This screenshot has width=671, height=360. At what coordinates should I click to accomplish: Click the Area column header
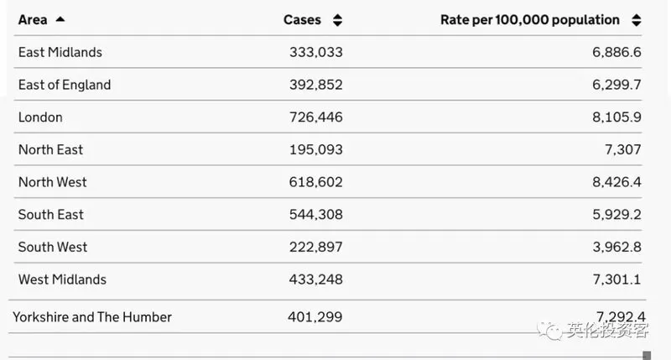(33, 19)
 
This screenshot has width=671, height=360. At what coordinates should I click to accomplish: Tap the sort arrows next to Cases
(338, 20)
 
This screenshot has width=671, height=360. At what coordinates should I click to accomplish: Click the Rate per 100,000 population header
(530, 20)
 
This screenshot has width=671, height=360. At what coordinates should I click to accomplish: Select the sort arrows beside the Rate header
(637, 20)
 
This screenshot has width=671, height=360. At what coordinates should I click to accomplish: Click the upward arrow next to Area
(60, 19)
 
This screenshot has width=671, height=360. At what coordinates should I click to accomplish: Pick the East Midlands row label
(60, 52)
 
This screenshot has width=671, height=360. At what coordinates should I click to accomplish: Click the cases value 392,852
(316, 85)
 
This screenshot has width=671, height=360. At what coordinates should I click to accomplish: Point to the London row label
(40, 117)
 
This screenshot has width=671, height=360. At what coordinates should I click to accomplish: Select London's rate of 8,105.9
(616, 117)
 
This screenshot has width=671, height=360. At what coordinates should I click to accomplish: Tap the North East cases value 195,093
(316, 150)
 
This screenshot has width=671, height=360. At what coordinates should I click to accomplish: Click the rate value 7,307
(622, 150)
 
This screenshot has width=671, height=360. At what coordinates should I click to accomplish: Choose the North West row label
(53, 182)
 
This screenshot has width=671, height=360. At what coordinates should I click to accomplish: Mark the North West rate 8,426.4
(616, 182)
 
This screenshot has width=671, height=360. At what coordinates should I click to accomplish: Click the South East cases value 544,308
(316, 215)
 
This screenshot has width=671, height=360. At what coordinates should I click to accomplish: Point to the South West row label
(53, 247)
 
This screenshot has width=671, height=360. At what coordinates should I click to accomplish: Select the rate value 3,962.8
(616, 247)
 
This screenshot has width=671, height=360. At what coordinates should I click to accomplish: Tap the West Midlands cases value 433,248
(316, 279)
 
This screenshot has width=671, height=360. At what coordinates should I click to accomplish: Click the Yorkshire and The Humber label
(92, 317)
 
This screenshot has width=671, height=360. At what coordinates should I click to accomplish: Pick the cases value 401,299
(315, 317)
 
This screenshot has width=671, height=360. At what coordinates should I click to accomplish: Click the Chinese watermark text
(608, 330)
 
